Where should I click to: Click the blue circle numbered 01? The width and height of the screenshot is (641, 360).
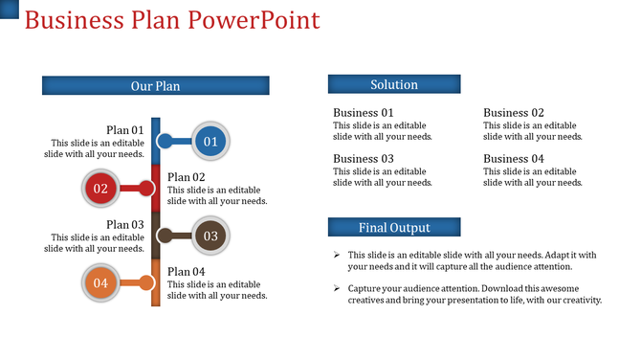click(x=210, y=142)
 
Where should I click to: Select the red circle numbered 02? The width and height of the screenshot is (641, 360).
click(x=100, y=189)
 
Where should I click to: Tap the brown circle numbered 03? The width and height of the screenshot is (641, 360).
click(x=210, y=236)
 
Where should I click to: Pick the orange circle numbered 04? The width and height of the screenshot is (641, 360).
click(x=100, y=282)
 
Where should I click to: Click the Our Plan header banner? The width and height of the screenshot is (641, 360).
click(x=155, y=86)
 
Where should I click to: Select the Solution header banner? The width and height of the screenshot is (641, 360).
click(x=393, y=84)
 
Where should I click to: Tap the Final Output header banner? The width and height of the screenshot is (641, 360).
click(x=393, y=227)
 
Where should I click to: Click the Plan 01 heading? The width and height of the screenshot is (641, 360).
click(x=125, y=130)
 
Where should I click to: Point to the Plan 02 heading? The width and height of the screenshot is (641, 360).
click(x=187, y=177)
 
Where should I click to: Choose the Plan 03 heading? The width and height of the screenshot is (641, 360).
click(x=125, y=224)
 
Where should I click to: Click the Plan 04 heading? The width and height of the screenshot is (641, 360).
click(x=187, y=271)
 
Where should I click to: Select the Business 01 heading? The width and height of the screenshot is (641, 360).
click(x=364, y=113)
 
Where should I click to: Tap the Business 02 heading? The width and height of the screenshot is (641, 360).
click(x=514, y=113)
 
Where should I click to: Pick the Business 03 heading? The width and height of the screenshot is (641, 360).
click(x=364, y=159)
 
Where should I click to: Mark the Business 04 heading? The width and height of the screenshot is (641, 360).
click(x=514, y=159)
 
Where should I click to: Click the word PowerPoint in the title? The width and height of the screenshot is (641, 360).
click(x=256, y=20)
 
